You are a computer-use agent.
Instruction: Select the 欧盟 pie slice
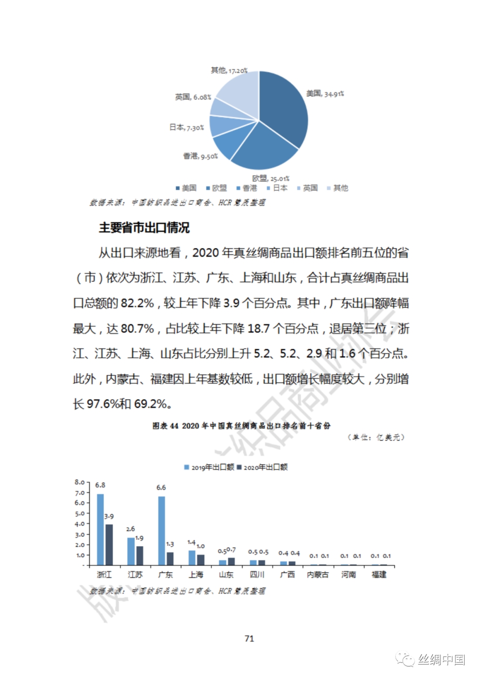(x=263, y=147)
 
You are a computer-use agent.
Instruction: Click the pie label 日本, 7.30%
(x=187, y=127)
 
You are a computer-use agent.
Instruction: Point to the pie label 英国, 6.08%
(x=193, y=97)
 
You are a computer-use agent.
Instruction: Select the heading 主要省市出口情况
(x=144, y=228)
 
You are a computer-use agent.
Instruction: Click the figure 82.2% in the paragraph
(x=137, y=304)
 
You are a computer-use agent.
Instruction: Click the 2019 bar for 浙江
(x=100, y=529)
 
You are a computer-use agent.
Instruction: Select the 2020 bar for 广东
(x=170, y=558)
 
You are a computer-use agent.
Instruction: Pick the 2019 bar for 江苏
(x=131, y=551)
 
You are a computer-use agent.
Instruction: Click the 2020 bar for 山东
(x=231, y=561)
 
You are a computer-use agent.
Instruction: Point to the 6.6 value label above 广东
(x=161, y=488)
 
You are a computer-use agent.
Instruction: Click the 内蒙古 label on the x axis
(x=318, y=575)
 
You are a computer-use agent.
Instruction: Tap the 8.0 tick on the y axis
(x=80, y=482)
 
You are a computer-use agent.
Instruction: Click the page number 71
(x=249, y=638)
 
